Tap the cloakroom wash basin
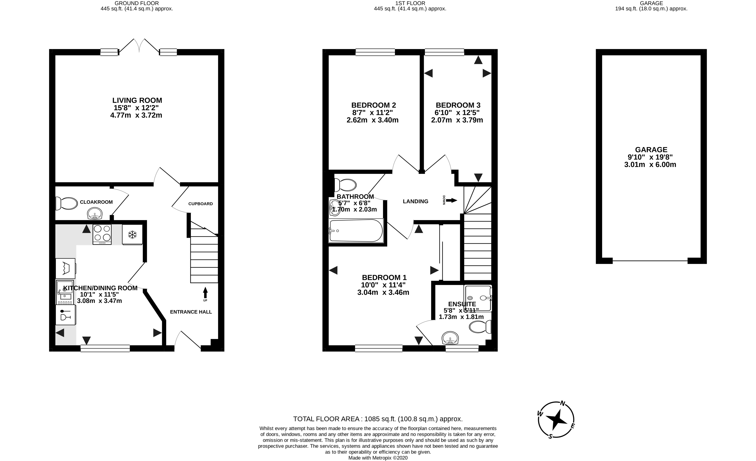tap(94, 214)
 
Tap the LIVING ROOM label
tap(137, 100)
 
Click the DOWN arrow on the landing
tap(451, 200)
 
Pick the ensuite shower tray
tap(478, 298)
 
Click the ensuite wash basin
tap(450, 338)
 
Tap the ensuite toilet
tap(480, 327)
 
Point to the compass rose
tap(556, 420)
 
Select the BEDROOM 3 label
tap(458, 105)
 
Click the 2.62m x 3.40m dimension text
tap(373, 120)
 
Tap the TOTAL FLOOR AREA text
tap(378, 419)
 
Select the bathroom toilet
tap(346, 185)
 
